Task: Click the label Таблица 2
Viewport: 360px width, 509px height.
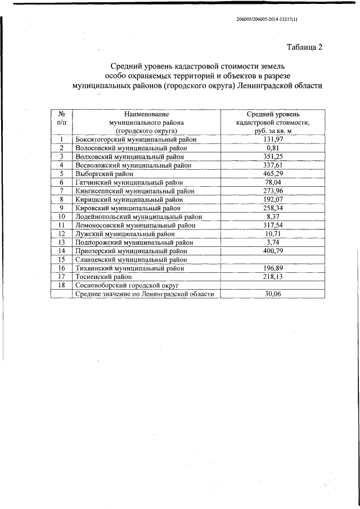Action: pyautogui.click(x=304, y=47)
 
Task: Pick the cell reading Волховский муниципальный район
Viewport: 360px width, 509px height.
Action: pyautogui.click(x=129, y=156)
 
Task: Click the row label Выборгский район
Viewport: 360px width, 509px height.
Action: pyautogui.click(x=104, y=174)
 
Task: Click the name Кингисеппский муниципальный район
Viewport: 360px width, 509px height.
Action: pyautogui.click(x=134, y=191)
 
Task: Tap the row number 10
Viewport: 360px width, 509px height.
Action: pyautogui.click(x=62, y=216)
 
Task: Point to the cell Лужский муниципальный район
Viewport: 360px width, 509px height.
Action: pyautogui.click(x=125, y=233)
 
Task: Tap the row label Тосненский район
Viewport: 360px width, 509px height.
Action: pyautogui.click(x=103, y=277)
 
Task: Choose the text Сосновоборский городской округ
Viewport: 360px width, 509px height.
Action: pyautogui.click(x=131, y=285)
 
